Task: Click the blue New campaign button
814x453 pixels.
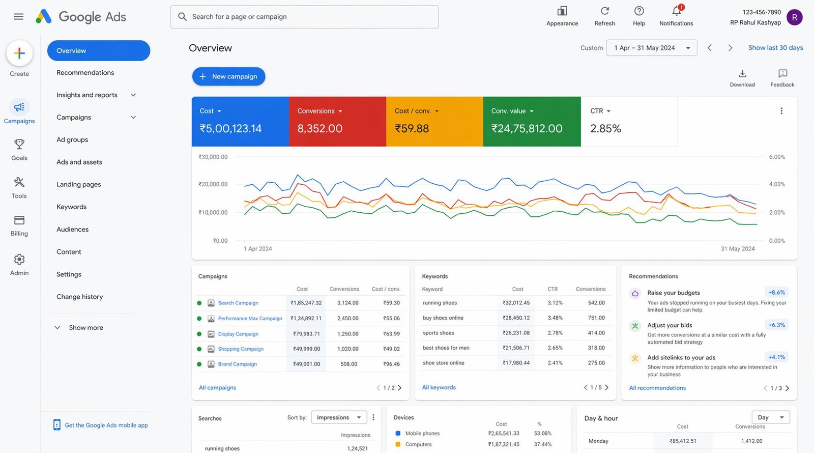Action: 228,76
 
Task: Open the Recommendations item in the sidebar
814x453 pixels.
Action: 85,73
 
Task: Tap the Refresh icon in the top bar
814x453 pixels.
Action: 604,11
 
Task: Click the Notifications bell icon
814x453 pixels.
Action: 676,11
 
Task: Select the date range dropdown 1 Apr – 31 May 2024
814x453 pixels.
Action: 651,48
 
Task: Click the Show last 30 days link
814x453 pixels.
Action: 775,48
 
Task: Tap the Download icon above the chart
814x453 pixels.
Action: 742,74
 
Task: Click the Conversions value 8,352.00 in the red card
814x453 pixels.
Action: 319,129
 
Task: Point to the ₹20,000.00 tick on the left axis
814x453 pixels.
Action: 213,184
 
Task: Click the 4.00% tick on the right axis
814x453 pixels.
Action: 777,184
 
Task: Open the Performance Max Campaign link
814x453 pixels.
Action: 250,319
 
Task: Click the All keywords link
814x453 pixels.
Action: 439,387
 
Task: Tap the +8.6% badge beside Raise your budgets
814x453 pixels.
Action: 776,293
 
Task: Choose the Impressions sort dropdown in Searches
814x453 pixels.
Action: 338,417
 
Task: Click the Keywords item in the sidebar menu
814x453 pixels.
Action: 72,207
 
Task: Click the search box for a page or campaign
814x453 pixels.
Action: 304,17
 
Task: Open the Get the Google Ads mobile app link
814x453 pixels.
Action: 106,425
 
